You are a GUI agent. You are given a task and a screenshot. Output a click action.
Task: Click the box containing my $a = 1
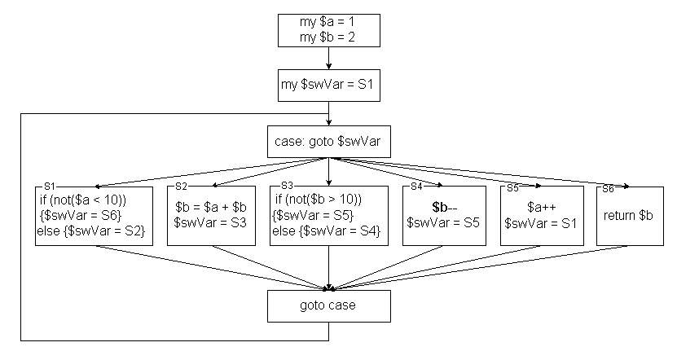click(x=329, y=29)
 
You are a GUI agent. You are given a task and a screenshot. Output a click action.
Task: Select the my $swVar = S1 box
click(x=329, y=86)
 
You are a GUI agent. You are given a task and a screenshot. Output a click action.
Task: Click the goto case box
click(x=329, y=306)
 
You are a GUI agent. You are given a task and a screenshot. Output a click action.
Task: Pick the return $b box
click(x=630, y=216)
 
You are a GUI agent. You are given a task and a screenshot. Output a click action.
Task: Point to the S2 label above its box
click(x=181, y=187)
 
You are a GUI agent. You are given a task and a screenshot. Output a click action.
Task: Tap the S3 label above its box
click(x=286, y=187)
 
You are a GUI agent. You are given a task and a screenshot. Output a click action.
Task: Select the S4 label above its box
click(x=417, y=187)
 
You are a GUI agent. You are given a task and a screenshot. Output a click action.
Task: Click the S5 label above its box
click(x=513, y=187)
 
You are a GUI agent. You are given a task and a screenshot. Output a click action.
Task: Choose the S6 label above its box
click(x=608, y=187)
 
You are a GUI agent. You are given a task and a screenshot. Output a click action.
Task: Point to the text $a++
click(x=540, y=207)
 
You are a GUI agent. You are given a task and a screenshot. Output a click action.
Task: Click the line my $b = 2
click(x=329, y=37)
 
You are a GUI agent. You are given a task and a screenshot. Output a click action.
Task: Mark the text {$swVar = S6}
click(x=77, y=215)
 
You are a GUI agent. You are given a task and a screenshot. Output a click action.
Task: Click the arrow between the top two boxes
click(x=329, y=58)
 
